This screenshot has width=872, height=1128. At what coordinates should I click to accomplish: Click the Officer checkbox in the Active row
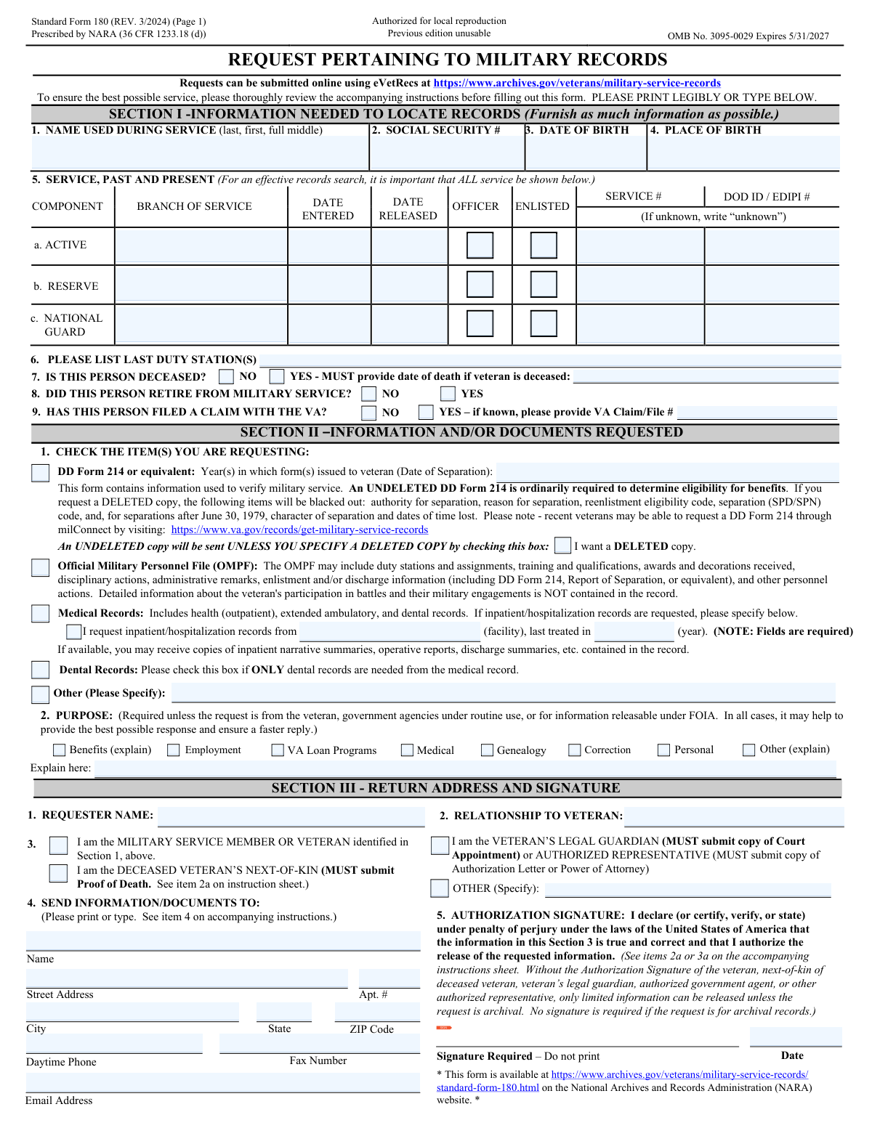coord(480,246)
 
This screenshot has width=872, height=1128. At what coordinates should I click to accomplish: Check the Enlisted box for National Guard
coord(544,323)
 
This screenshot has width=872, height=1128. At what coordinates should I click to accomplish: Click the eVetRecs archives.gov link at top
coord(577,84)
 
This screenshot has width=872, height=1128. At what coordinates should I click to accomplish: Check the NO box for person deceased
coord(227,376)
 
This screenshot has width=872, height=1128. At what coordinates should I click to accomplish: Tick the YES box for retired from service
coord(448,394)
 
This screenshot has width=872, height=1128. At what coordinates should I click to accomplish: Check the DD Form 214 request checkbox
coord(41,473)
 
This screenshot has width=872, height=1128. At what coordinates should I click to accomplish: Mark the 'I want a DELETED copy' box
coord(562,546)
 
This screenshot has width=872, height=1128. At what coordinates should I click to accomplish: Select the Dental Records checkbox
coord(41,670)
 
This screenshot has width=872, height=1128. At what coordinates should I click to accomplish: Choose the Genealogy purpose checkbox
coord(488,750)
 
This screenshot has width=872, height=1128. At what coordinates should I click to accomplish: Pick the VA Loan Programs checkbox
coord(278,750)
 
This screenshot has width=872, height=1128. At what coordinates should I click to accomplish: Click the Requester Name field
coord(291,816)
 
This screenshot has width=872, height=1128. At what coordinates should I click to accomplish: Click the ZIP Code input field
coord(377,1012)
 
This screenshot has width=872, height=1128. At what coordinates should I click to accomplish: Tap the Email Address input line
coord(222,1082)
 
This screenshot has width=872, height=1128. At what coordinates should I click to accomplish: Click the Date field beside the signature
coord(795,1036)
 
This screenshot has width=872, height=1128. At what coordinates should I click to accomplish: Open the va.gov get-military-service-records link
coord(299,530)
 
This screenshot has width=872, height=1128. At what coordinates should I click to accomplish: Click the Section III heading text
coord(445,788)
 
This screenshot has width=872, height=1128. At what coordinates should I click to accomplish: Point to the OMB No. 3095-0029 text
coord(748,36)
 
